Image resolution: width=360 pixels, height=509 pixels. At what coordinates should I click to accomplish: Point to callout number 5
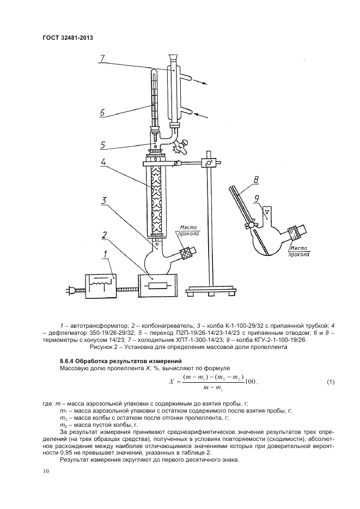102,145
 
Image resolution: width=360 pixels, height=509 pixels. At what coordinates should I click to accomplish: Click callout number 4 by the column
102,162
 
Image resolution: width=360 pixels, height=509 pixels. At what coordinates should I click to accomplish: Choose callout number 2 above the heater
102,235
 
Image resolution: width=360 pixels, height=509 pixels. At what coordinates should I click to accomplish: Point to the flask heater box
157,285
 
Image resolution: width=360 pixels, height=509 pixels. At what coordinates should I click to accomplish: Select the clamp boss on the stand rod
207,163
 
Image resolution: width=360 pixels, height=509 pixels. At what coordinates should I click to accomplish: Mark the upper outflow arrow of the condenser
200,83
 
